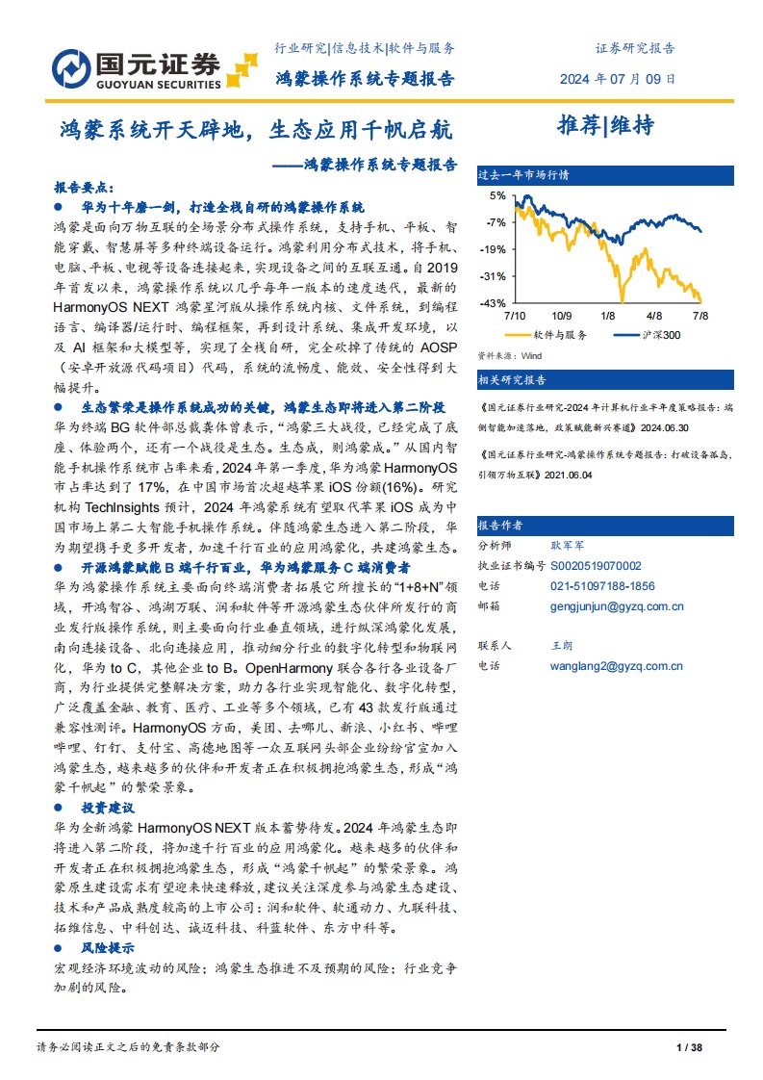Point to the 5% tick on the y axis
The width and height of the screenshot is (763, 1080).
point(496,195)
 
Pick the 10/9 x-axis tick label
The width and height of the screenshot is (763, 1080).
point(562,315)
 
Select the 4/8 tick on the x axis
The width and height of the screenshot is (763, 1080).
point(654,315)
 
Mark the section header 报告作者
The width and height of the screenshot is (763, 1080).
point(500,526)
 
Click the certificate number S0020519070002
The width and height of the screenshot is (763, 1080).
point(596,566)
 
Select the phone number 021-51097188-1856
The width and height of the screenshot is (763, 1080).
point(602,585)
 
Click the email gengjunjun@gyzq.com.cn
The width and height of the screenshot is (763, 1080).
point(616,606)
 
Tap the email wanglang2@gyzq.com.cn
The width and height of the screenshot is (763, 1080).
point(616,665)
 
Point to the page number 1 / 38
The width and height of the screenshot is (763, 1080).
point(691,1046)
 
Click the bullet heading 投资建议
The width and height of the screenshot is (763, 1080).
point(107,807)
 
